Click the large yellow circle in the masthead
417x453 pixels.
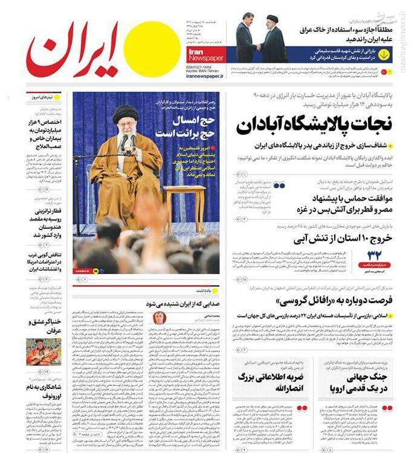point(148,50)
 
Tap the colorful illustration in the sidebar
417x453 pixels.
point(43,351)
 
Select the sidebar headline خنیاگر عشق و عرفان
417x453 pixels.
point(43,326)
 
